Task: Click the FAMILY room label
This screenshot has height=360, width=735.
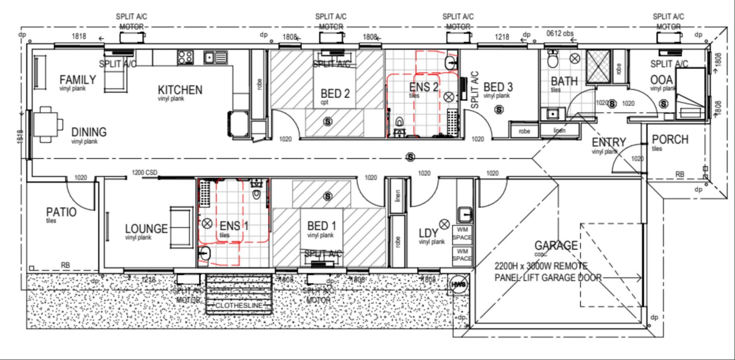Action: [78, 80]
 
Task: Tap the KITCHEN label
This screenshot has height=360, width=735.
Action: [180, 90]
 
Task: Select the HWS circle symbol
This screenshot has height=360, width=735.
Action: [459, 284]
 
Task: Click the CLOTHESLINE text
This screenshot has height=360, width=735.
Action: [239, 306]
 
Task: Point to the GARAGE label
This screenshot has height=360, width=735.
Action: [556, 245]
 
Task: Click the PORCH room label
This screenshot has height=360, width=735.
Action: [670, 140]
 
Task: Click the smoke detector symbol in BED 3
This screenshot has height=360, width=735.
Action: [499, 109]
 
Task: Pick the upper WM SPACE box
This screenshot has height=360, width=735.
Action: [462, 234]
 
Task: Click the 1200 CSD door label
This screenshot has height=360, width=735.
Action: [144, 173]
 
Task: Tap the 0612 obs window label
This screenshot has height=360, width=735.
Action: [560, 33]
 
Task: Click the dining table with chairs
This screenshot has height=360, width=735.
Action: [47, 124]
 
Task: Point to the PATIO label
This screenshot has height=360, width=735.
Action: [61, 212]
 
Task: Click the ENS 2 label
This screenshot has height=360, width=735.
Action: [423, 87]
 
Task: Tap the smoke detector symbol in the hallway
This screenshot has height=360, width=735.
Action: [410, 157]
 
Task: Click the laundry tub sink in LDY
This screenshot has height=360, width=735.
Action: [465, 214]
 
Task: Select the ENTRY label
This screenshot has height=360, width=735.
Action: [609, 142]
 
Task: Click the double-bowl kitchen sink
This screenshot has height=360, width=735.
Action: [215, 58]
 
